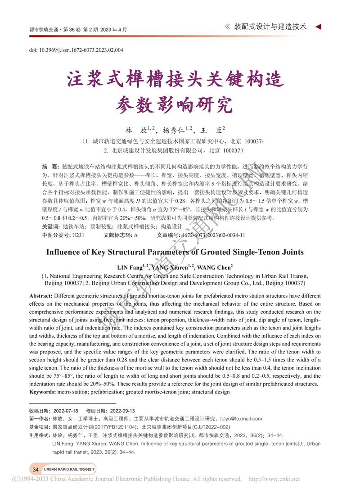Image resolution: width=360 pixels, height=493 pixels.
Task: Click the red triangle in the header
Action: click(318, 27)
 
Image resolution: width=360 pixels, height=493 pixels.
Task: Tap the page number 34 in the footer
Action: click(36, 470)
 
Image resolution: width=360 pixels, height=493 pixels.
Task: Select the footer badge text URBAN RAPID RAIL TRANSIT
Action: click(69, 470)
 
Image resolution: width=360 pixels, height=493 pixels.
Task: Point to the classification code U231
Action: click(78, 235)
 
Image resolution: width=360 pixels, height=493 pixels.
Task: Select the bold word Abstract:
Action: click(41, 296)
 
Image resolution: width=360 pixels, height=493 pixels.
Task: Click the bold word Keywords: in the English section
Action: click(43, 392)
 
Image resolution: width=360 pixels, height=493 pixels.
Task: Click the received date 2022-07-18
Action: click(66, 411)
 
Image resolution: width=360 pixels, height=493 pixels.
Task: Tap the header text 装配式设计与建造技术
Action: click(270, 27)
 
